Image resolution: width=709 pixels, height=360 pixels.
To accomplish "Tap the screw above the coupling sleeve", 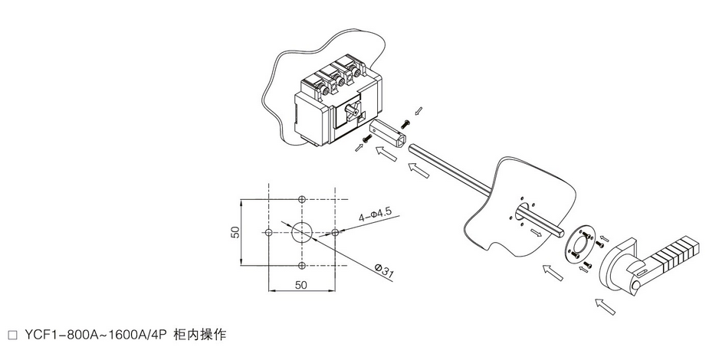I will (405, 121).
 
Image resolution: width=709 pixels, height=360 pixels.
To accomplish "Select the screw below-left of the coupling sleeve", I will (366, 139).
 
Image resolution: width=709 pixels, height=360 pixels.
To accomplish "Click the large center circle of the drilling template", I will (303, 232).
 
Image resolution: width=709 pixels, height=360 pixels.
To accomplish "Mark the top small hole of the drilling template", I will (303, 198).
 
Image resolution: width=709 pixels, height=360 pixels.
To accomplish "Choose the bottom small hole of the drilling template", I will (303, 265).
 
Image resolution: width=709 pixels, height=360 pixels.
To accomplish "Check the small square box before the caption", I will (11, 335).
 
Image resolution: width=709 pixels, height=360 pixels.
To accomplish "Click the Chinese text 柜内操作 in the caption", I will (200, 335).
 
